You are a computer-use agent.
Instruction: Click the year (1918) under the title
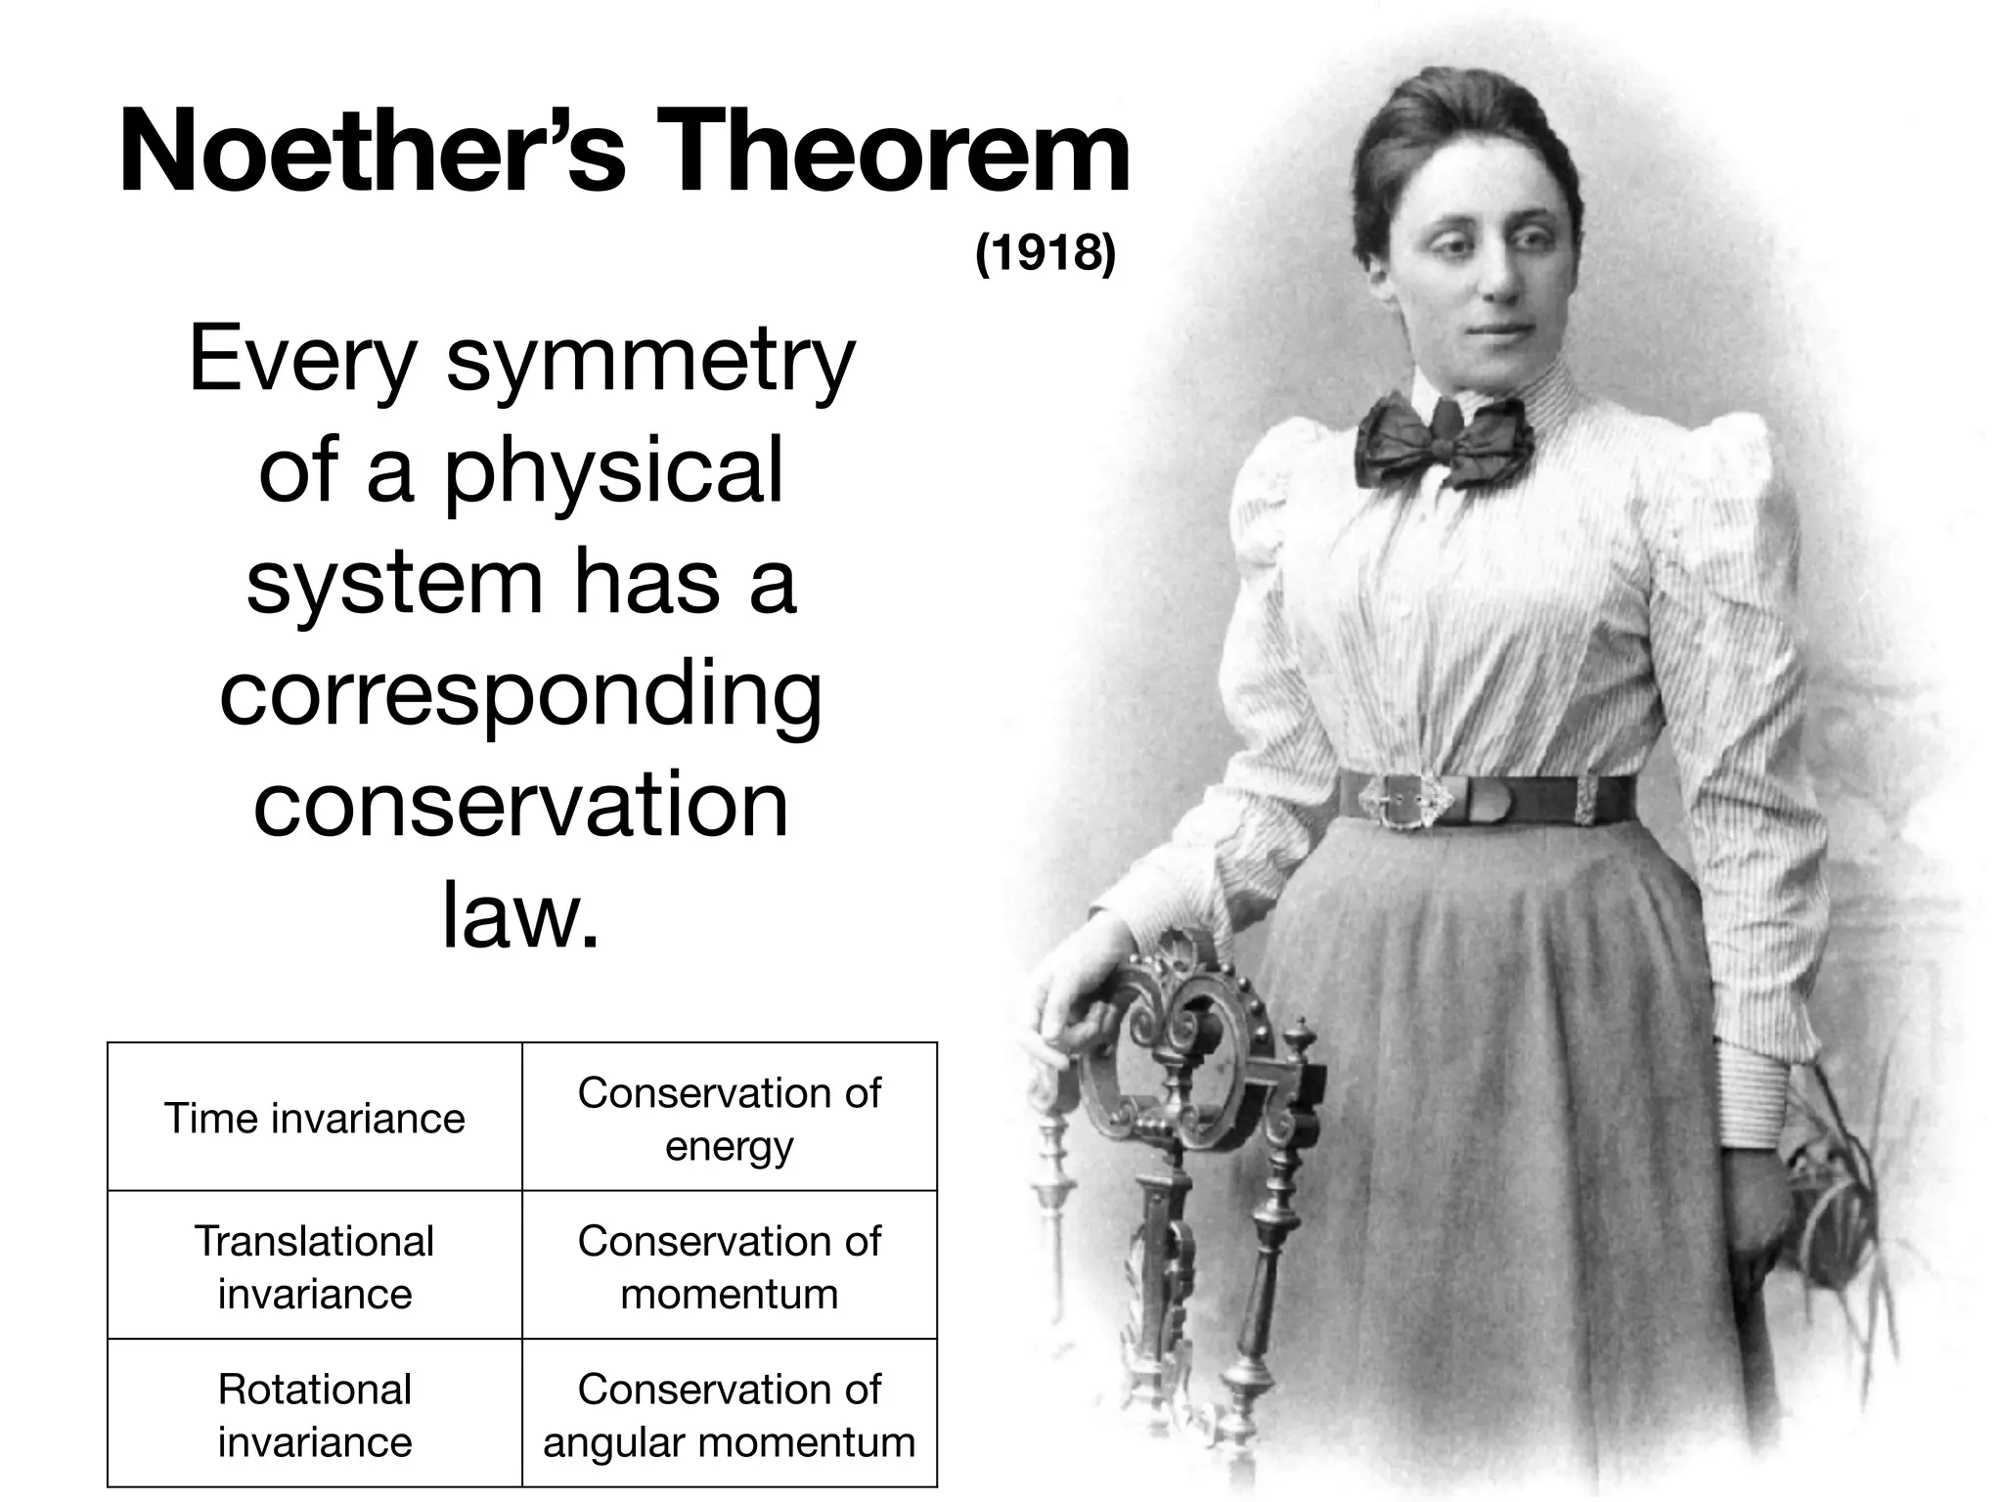point(1045,253)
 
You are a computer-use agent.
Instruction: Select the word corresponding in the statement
point(520,696)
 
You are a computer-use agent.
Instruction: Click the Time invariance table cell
point(314,1118)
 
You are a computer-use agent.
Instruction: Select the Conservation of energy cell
point(729,1118)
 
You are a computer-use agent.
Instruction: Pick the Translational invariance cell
point(314,1266)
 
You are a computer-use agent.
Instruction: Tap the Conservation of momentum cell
point(729,1266)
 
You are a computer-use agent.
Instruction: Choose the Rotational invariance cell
point(314,1414)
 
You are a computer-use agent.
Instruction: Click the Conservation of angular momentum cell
point(729,1414)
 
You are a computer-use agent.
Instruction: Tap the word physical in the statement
point(613,472)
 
